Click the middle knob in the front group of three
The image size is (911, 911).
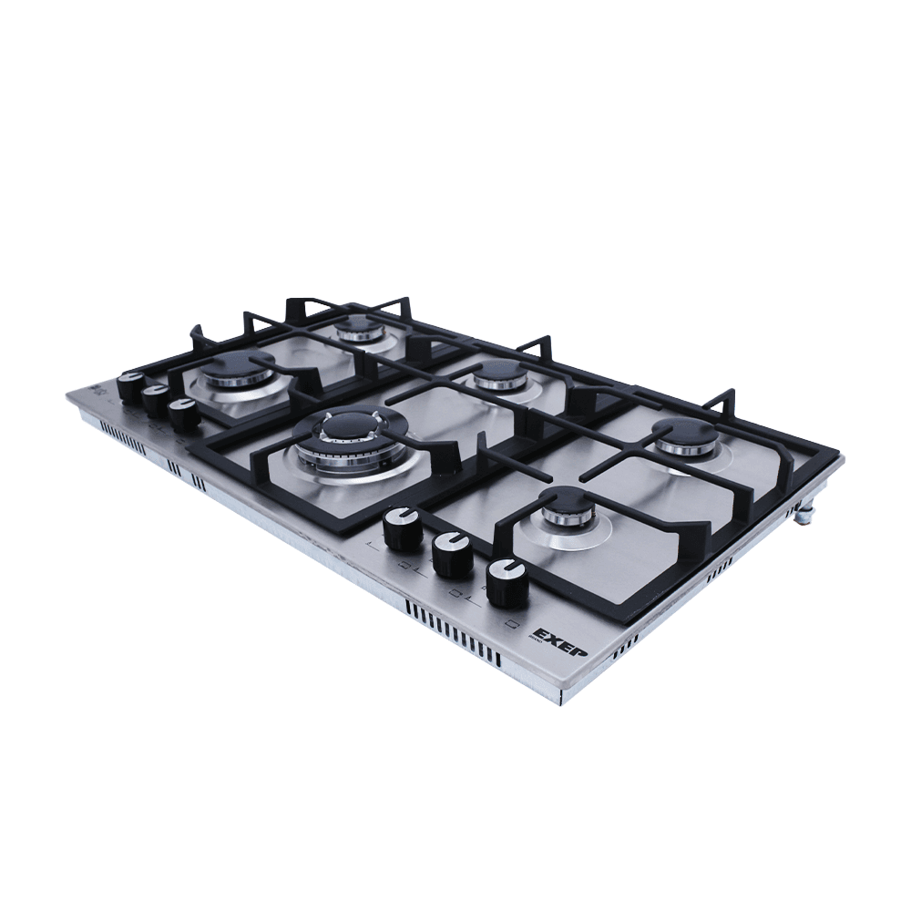(451, 553)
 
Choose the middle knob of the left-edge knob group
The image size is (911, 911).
(156, 399)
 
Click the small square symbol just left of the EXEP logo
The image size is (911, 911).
(512, 624)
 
